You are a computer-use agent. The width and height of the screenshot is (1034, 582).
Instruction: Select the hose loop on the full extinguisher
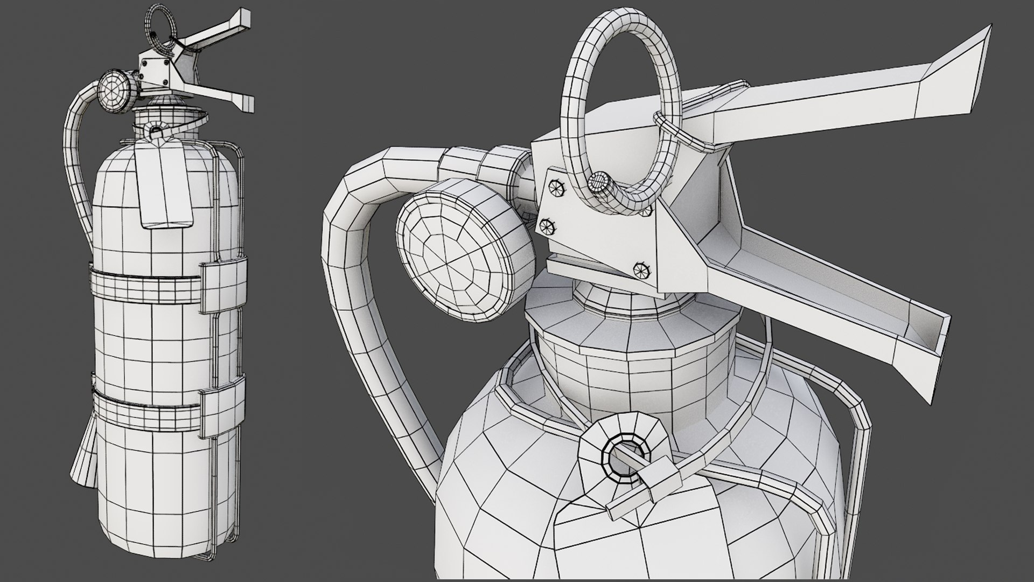(75, 162)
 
